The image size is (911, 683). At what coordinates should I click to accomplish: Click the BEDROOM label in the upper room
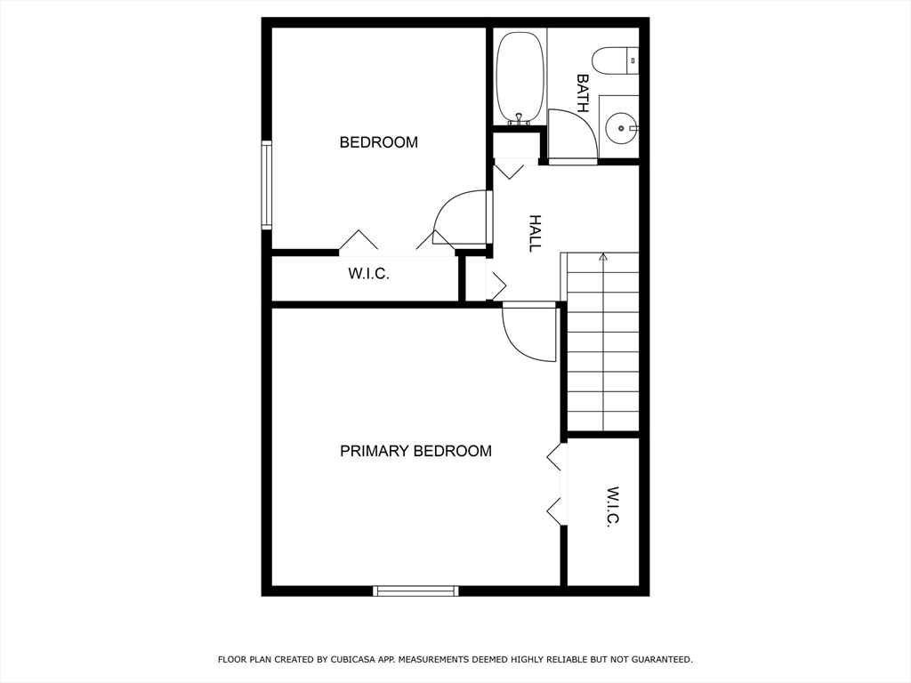pyautogui.click(x=378, y=142)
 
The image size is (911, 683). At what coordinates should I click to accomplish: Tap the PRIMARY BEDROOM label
pyautogui.click(x=415, y=451)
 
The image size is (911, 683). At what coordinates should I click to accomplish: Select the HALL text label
pyautogui.click(x=535, y=233)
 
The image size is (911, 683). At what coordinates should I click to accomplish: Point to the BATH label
pyautogui.click(x=583, y=92)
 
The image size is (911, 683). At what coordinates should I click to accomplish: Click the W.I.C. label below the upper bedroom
pyautogui.click(x=368, y=274)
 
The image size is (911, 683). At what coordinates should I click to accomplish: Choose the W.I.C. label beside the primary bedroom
pyautogui.click(x=613, y=507)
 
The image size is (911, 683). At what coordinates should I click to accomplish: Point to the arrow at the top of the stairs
pyautogui.click(x=603, y=257)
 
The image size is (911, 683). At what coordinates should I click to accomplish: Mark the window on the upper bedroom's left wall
pyautogui.click(x=266, y=185)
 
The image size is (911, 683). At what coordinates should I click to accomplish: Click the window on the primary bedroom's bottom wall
pyautogui.click(x=415, y=591)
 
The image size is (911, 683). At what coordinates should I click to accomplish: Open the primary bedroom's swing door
pyautogui.click(x=529, y=333)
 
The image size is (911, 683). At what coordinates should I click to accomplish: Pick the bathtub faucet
pyautogui.click(x=519, y=118)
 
